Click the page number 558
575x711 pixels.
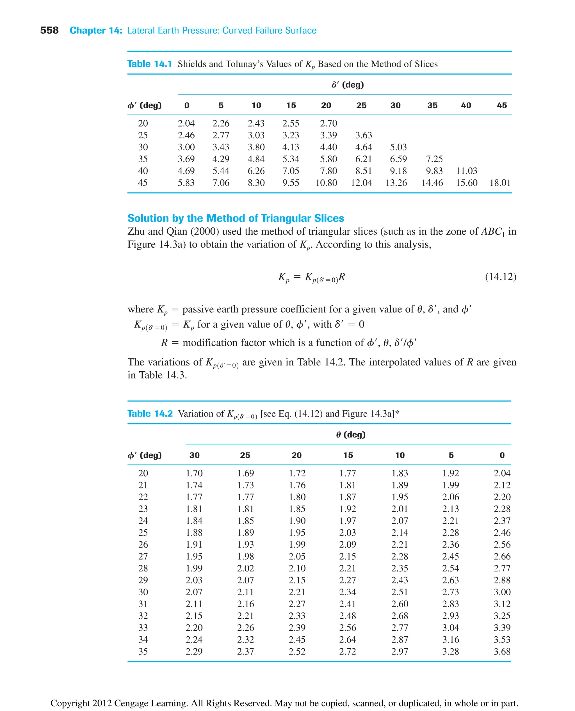tap(49, 31)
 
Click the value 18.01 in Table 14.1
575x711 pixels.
tap(500, 183)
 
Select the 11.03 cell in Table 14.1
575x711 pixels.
tap(466, 171)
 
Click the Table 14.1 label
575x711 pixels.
tap(150, 64)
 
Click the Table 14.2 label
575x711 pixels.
tap(150, 414)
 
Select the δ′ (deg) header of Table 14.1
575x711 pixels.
tap(348, 85)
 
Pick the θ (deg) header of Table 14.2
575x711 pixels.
tap(350, 435)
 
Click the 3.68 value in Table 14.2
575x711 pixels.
tap(502, 651)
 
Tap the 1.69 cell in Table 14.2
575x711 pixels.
tap(245, 473)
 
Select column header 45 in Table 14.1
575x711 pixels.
tap(501, 105)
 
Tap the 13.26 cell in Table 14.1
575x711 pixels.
tap(396, 183)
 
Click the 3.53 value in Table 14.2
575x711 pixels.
tap(502, 639)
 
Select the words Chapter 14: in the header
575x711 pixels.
tap(96, 31)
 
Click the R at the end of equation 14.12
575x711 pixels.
tap(342, 276)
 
